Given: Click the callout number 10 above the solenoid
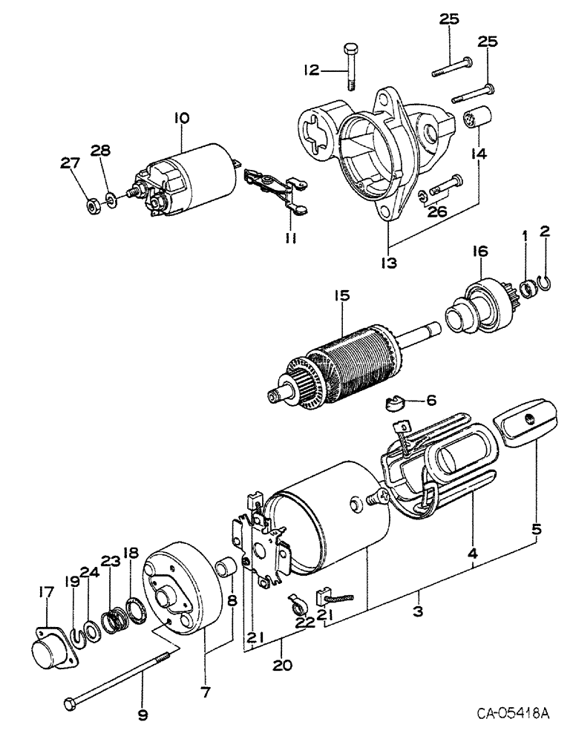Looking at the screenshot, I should (182, 117).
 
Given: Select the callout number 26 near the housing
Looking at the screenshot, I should (439, 215).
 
